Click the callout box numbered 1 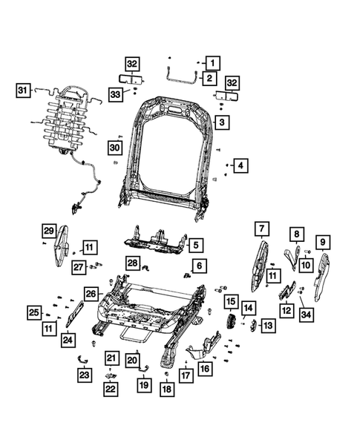(212, 63)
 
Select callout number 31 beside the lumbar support (22, 91)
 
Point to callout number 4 (239, 165)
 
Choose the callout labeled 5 (195, 244)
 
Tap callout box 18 (322, 240)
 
